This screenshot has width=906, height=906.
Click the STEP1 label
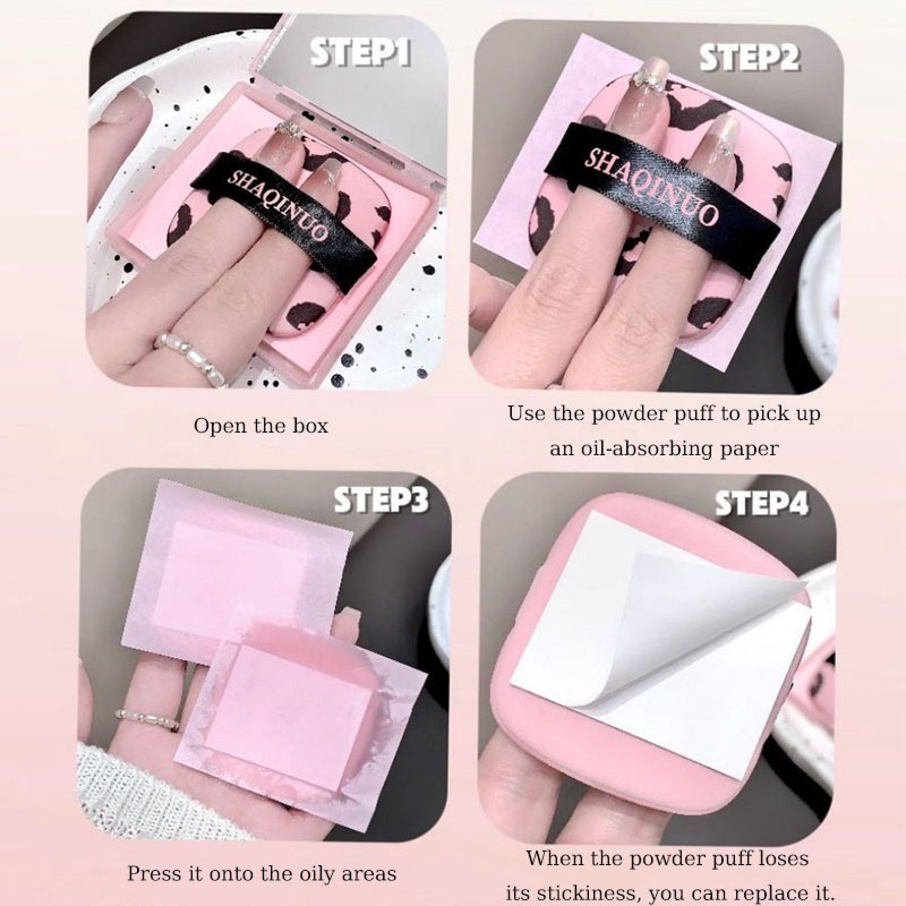pyautogui.click(x=360, y=54)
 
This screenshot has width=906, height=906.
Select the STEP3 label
pyautogui.click(x=381, y=499)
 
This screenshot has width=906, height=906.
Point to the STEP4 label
pyautogui.click(x=762, y=503)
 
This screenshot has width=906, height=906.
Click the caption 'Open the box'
pyautogui.click(x=261, y=426)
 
